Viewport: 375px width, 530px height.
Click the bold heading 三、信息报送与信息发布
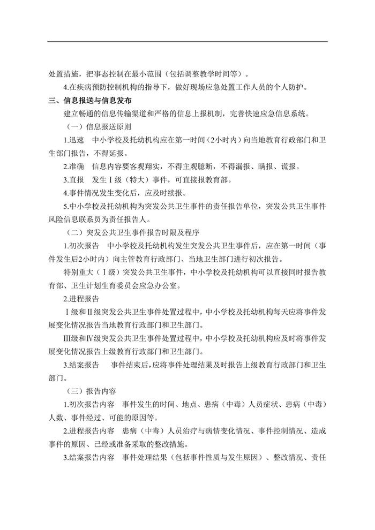pos(90,100)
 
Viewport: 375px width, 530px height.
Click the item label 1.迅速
pos(73,141)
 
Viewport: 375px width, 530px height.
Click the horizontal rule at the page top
pos(187,42)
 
